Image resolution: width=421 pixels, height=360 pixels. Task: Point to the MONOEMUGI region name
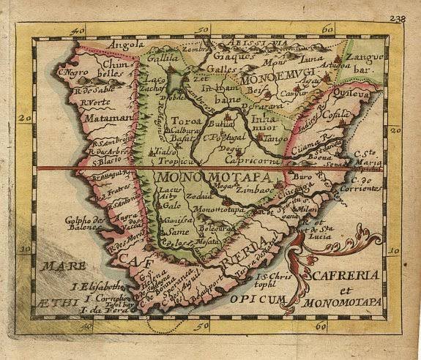[282, 74]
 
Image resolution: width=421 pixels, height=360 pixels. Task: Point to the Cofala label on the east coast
[338, 116]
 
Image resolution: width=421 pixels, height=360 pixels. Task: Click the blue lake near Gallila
[174, 76]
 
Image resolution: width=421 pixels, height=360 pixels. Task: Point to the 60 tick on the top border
[327, 29]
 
